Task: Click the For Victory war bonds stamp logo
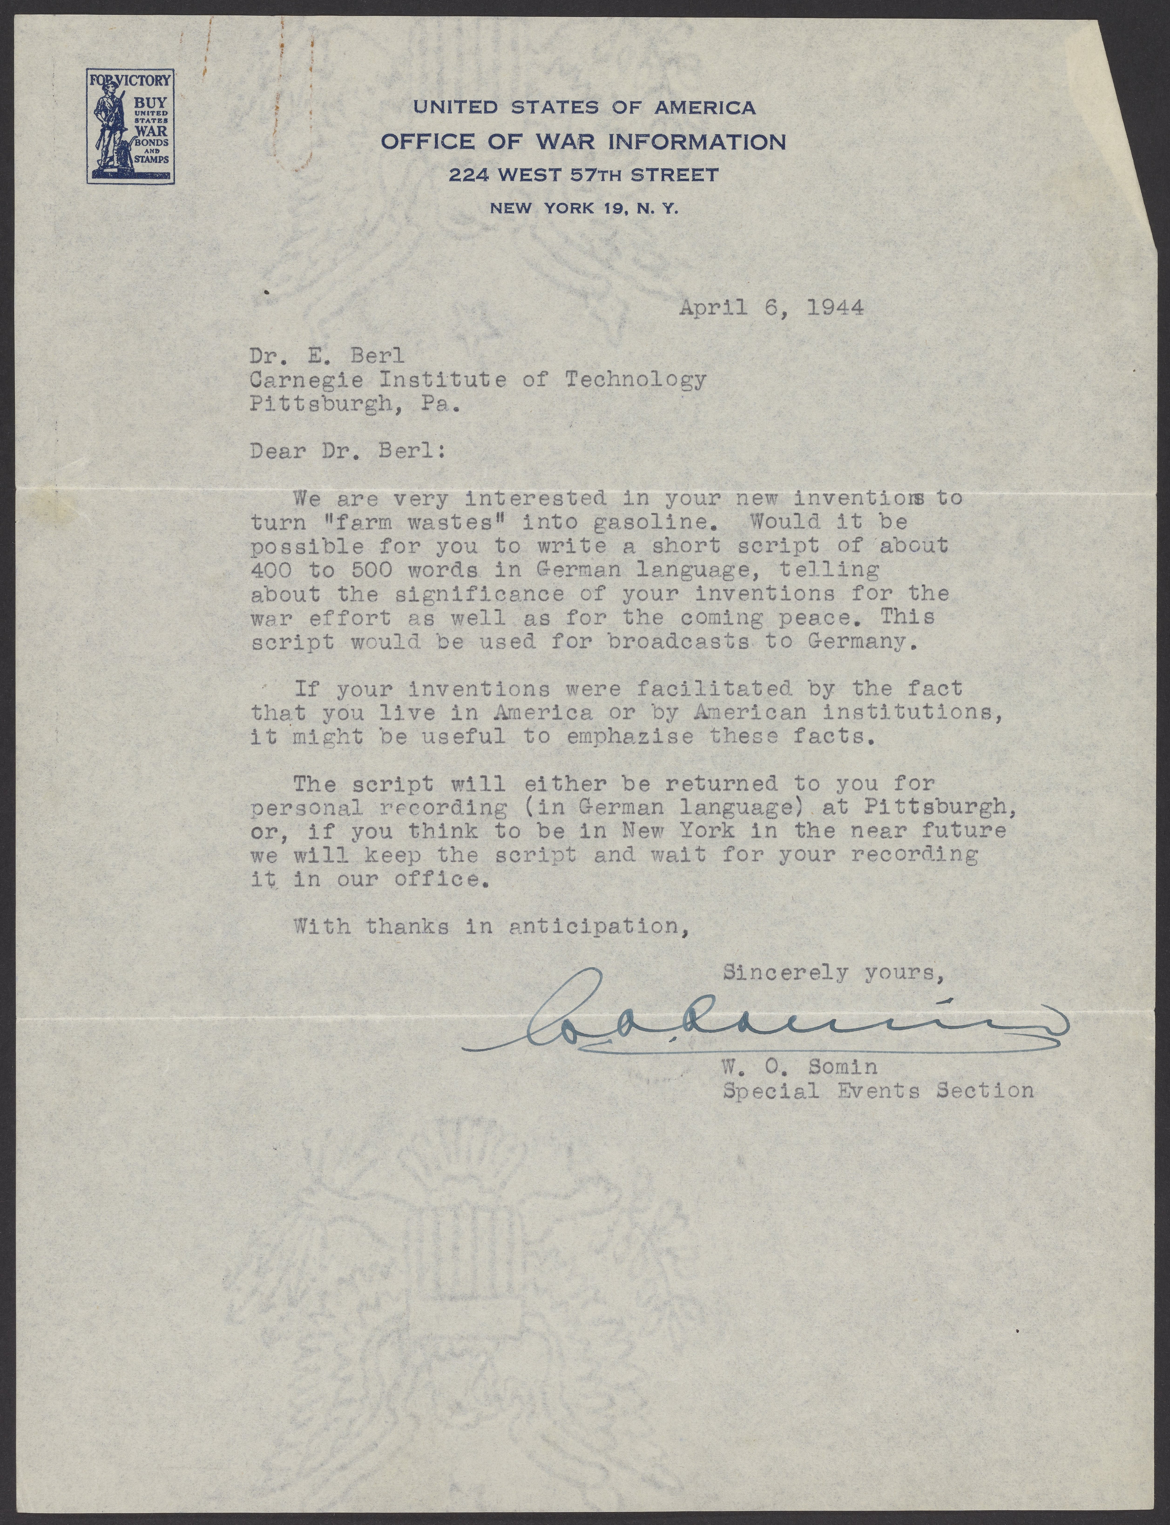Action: coord(130,126)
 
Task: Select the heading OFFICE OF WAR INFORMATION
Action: coord(584,142)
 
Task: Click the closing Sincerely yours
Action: coord(834,972)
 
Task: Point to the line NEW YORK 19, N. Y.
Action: coord(584,207)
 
